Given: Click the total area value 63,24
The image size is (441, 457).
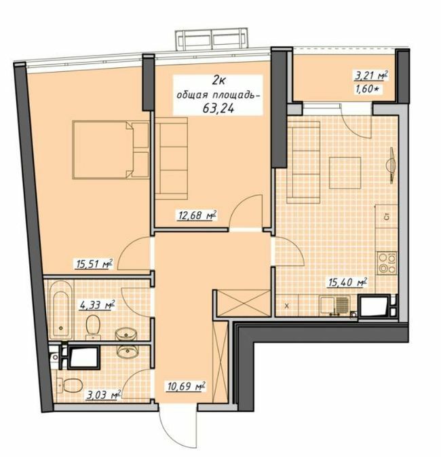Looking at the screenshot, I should (218, 108).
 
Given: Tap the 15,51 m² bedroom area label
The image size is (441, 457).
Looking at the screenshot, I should (94, 264).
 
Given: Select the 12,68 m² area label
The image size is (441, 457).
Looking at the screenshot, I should (197, 216).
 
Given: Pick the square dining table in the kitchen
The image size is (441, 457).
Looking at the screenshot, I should (345, 172).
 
